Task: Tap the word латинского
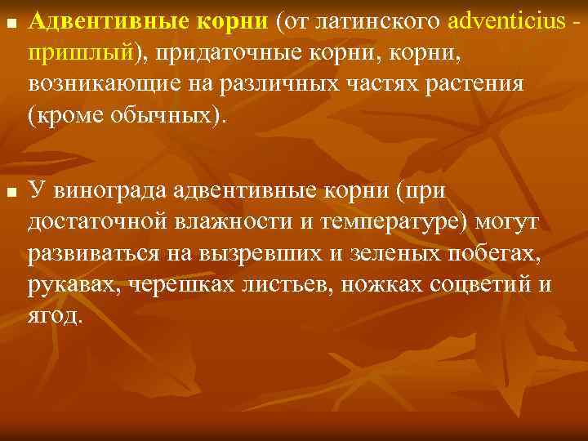click(375, 24)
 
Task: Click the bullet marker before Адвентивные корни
click(9, 24)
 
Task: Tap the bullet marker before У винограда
click(9, 191)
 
